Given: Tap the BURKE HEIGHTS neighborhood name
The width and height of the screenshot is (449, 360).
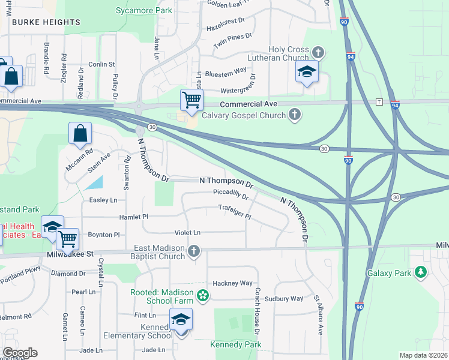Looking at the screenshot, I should pyautogui.click(x=46, y=22).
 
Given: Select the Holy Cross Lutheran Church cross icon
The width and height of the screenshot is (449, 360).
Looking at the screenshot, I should pyautogui.click(x=318, y=53).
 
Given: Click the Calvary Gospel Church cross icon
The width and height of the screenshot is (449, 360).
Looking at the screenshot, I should pyautogui.click(x=294, y=114).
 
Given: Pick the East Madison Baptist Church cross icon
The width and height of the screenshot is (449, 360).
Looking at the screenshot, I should pyautogui.click(x=193, y=251).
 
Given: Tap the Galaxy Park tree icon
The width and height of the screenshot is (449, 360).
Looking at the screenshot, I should pyautogui.click(x=422, y=273).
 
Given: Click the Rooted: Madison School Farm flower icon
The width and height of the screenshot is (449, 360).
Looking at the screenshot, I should pyautogui.click(x=203, y=295).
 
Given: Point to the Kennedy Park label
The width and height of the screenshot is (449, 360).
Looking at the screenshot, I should pyautogui.click(x=236, y=345).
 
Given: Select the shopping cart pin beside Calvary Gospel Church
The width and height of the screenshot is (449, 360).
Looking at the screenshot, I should pyautogui.click(x=191, y=100).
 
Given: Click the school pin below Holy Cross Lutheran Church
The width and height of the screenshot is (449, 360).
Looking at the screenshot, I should pyautogui.click(x=307, y=73).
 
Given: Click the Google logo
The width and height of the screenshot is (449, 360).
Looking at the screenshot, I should pyautogui.click(x=19, y=353).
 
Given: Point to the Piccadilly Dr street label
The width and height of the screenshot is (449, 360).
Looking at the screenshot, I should pyautogui.click(x=231, y=194).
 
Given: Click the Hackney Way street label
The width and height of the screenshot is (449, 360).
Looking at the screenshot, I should pyautogui.click(x=233, y=283).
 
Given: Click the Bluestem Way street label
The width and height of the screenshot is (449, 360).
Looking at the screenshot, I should pyautogui.click(x=226, y=70).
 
